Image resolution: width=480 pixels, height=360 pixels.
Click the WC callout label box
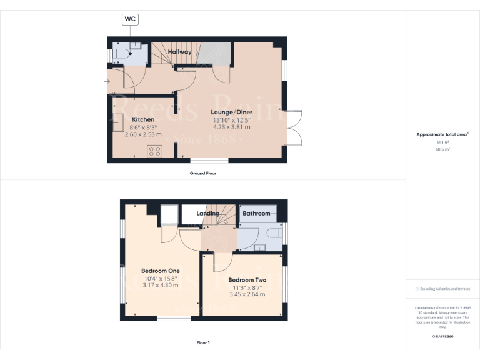coord(130,19)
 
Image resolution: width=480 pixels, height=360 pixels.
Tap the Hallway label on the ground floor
coord(179,52)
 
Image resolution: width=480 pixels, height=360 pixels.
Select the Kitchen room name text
coord(143,119)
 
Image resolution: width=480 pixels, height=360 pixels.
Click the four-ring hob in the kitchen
coord(154,151)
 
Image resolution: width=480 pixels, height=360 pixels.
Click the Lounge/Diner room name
coord(231,112)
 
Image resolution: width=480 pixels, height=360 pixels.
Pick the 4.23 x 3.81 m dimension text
coord(231,127)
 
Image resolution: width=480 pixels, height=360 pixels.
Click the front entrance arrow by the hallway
coord(107,81)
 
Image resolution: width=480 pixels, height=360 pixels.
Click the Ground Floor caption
coord(203,173)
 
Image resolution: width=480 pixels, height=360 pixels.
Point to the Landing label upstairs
coord(207,214)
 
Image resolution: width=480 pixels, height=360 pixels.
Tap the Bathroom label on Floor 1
coord(256,214)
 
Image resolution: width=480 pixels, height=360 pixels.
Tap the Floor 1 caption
coord(203,342)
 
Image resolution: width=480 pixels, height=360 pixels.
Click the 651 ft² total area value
coord(442,143)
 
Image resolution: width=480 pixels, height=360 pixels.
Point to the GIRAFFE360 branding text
coord(442,337)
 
